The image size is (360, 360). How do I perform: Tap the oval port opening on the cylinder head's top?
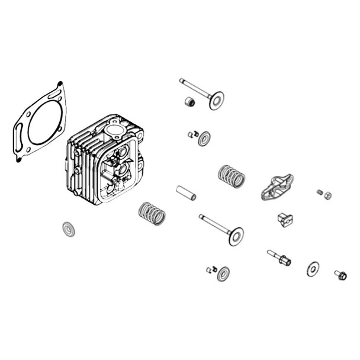(114, 129)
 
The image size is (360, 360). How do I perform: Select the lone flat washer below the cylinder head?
(69, 229)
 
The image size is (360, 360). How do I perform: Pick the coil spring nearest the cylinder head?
(152, 213)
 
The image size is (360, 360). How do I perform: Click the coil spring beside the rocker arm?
(232, 175)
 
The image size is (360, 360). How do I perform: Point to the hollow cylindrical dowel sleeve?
(186, 193)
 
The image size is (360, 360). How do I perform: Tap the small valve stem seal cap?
(190, 102)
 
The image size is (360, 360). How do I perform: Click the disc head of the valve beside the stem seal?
(216, 100)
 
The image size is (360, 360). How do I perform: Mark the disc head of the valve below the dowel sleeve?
(236, 237)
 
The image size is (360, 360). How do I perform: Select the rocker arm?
(277, 186)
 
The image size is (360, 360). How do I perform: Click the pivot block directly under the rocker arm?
(285, 220)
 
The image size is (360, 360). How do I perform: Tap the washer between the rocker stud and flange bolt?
(313, 269)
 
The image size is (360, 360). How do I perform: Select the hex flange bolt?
(341, 275)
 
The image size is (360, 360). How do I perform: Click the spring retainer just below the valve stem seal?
(204, 139)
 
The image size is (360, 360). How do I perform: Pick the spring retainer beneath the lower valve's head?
(224, 274)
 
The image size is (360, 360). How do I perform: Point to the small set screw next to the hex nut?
(319, 191)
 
